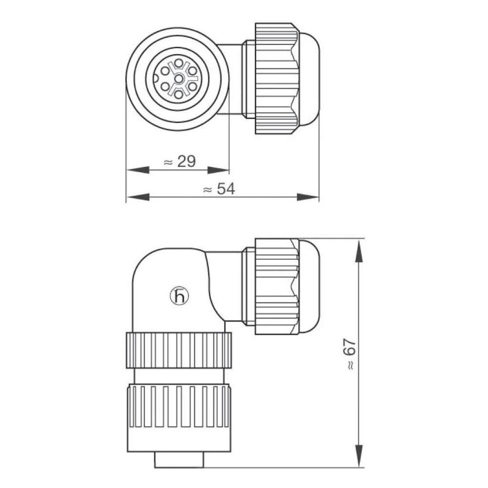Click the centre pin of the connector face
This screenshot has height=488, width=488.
[179, 79]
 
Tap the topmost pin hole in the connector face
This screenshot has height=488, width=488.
[179, 63]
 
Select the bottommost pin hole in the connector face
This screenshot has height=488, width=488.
[179, 95]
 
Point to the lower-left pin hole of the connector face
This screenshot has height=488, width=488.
[165, 87]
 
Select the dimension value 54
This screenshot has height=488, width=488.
[225, 189]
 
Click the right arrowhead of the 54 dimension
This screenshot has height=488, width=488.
[308, 197]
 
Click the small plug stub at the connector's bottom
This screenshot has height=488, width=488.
[179, 460]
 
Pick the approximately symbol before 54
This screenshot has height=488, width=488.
[207, 190]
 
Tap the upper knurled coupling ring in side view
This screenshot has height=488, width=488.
[179, 350]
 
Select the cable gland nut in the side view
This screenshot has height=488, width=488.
[277, 286]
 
